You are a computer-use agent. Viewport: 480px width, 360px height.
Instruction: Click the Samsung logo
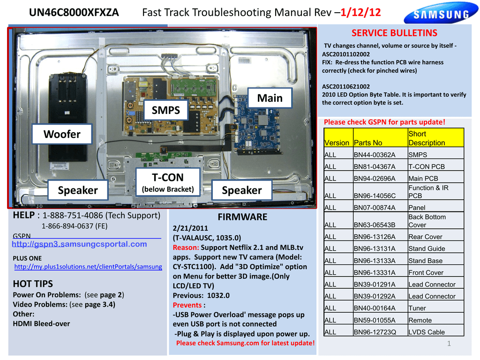pos(441,15)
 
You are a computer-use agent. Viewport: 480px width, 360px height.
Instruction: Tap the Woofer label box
pos(62,134)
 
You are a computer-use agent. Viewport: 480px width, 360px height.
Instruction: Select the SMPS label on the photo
pos(166,111)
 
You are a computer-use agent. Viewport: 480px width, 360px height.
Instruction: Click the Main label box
pos(270,98)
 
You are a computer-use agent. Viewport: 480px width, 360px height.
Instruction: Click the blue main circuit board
pos(256,124)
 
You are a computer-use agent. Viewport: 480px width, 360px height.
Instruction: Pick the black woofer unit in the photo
pos(68,117)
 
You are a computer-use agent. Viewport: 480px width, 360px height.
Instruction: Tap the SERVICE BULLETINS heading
pos(394,33)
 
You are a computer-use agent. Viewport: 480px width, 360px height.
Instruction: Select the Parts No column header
pos(368,143)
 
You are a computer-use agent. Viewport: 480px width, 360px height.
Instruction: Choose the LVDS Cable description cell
pos(427,332)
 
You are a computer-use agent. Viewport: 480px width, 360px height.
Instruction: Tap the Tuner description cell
pos(417,308)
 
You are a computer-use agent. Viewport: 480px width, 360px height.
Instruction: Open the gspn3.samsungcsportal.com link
pos(79,244)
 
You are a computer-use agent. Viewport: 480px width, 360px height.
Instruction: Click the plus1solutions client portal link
pos(88,266)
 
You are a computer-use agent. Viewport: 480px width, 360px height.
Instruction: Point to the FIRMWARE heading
pos(242,217)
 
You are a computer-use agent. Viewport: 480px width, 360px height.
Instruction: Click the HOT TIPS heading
pos(33,284)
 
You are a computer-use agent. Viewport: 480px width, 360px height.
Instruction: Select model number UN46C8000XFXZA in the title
pos(74,13)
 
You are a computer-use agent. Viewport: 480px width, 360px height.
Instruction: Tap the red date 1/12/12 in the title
pos(361,13)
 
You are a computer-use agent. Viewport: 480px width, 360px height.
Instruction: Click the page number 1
pos(449,344)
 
